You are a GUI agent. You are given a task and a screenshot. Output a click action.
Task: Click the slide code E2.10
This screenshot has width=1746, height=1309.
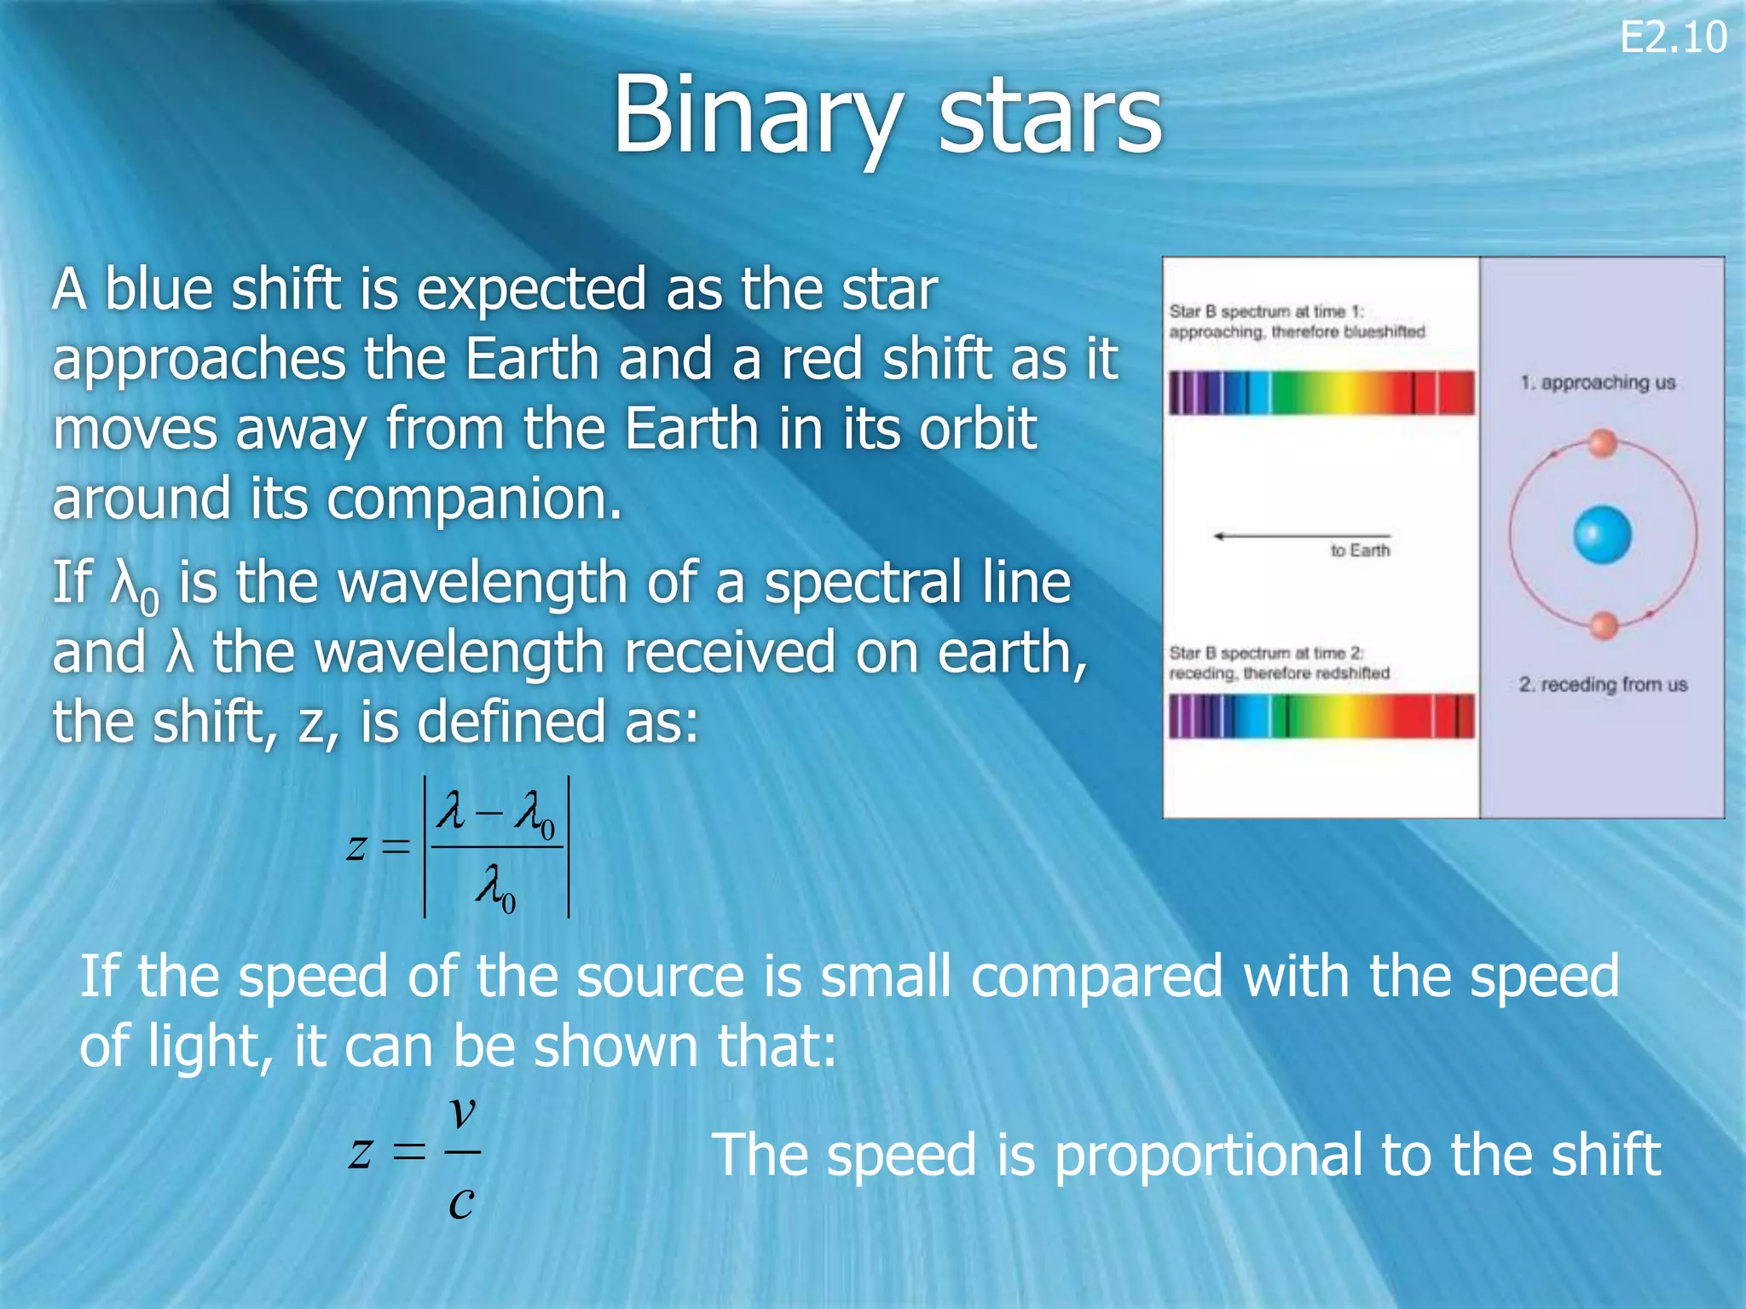point(1673,38)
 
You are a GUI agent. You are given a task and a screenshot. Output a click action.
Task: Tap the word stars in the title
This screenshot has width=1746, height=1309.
point(1049,117)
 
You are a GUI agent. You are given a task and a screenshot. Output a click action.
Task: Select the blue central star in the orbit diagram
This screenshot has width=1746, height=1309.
point(1602,534)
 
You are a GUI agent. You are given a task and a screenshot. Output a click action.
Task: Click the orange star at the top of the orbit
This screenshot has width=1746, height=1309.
point(1603,443)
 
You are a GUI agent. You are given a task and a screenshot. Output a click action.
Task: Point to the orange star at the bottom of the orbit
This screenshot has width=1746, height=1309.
point(1604,625)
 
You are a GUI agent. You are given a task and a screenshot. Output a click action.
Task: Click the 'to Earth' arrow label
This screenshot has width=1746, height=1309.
point(1359,551)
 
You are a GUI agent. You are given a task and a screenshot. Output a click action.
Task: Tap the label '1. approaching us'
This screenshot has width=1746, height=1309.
point(1598,383)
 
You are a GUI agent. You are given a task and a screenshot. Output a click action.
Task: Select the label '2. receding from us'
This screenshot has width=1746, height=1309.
point(1603,684)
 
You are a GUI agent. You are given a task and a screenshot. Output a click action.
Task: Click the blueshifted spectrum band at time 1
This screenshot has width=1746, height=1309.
point(1321,393)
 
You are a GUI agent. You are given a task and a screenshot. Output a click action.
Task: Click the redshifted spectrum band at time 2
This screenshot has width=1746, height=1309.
point(1321,716)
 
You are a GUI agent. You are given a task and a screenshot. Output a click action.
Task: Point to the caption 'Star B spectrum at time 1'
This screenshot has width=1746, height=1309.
point(1267,312)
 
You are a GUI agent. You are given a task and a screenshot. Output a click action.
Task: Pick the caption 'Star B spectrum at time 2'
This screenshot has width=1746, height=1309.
point(1267,654)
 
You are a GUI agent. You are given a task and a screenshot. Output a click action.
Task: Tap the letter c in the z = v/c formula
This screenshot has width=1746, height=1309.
point(460,1202)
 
